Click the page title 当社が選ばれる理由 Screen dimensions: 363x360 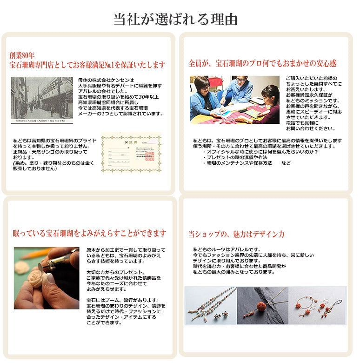tap(176, 19)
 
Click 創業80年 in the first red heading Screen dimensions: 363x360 tap(22, 55)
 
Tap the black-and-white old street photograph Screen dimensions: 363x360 tap(42, 100)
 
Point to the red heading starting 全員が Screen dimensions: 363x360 tap(262, 63)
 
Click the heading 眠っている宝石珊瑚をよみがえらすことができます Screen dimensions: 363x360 tap(89, 232)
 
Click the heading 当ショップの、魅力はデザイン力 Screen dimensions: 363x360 tap(236, 234)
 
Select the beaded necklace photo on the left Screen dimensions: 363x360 tap(210, 305)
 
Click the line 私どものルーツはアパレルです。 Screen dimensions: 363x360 tap(227, 249)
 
